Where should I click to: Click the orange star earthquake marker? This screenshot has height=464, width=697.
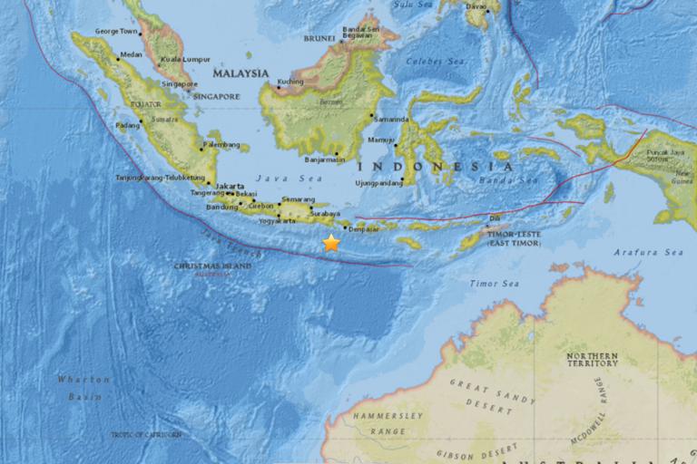(331, 243)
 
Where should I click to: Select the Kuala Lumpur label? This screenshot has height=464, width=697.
(177, 61)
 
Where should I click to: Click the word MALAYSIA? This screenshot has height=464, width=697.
(241, 72)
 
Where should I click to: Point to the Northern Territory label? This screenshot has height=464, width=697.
(592, 359)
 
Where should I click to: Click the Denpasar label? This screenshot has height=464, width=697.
(363, 230)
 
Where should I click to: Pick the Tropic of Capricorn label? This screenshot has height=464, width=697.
(145, 435)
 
